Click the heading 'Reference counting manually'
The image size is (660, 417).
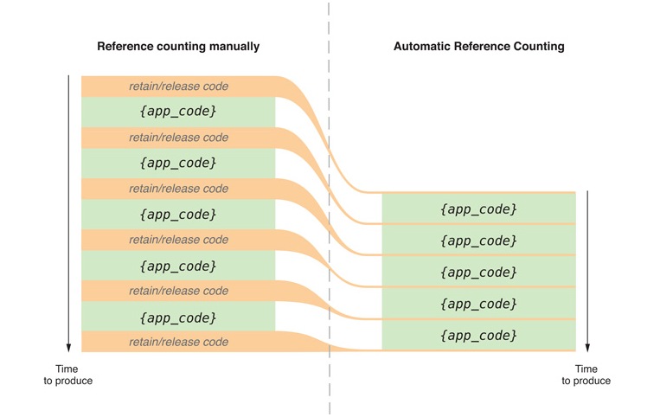(x=178, y=47)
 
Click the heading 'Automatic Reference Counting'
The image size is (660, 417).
(x=479, y=47)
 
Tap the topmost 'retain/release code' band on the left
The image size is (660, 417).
(x=178, y=87)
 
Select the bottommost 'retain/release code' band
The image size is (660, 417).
(x=178, y=342)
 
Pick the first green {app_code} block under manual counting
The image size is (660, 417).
(x=178, y=112)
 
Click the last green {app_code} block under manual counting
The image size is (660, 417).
(x=178, y=317)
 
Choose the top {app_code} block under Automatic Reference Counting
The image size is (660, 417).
(x=478, y=208)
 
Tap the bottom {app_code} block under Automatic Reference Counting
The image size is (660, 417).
(x=478, y=335)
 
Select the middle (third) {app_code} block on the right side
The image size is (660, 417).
(x=478, y=272)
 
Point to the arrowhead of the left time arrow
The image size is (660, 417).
(x=68, y=350)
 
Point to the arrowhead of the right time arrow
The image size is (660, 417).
(x=587, y=350)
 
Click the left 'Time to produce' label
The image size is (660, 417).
(x=67, y=375)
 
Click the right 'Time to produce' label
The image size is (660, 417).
(x=586, y=375)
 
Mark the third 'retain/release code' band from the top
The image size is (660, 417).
(x=178, y=189)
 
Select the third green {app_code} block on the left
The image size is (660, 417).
(x=178, y=215)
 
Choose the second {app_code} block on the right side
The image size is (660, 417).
(x=478, y=241)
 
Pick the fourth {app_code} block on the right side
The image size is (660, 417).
(x=478, y=304)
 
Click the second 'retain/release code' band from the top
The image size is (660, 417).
(x=178, y=138)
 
